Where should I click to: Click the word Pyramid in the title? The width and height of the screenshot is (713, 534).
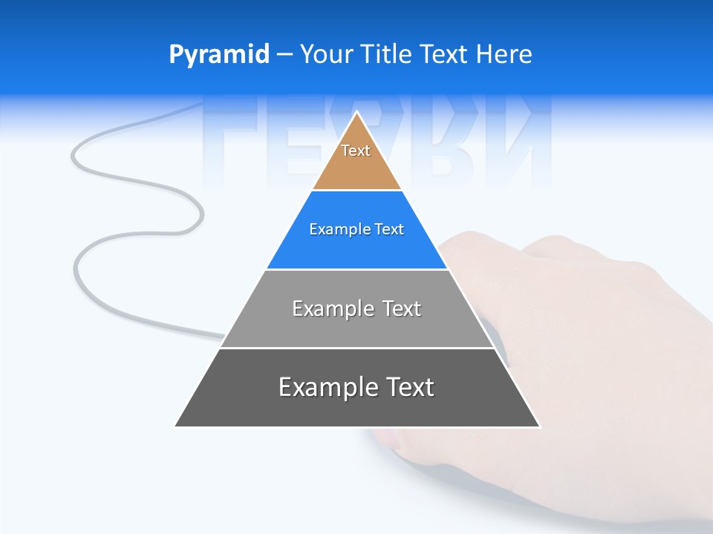(x=218, y=55)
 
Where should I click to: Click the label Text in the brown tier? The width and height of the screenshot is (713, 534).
(x=356, y=151)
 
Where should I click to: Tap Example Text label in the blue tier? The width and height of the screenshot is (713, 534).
(x=356, y=229)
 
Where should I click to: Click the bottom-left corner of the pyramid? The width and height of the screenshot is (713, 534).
(x=176, y=426)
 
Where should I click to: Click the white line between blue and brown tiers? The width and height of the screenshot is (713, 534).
(x=356, y=191)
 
